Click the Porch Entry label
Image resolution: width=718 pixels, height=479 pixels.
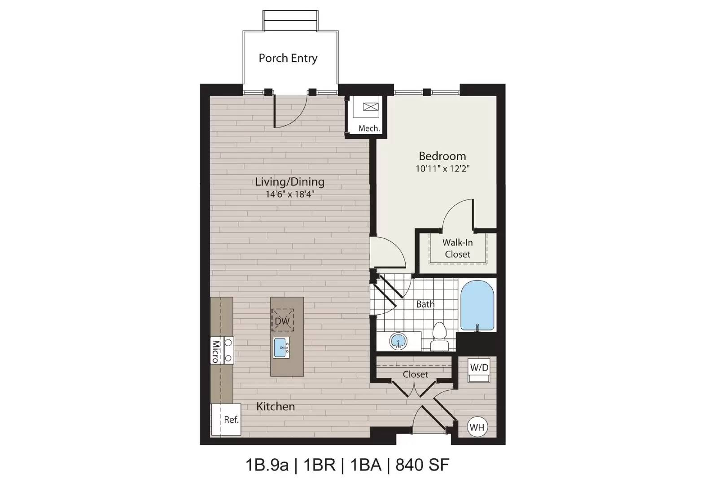click(x=288, y=58)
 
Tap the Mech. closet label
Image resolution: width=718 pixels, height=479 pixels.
click(x=369, y=128)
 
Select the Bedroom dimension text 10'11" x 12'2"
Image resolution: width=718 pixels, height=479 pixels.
click(x=442, y=168)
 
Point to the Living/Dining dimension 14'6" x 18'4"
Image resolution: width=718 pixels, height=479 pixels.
click(x=289, y=194)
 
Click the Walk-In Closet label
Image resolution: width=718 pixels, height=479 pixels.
click(x=457, y=248)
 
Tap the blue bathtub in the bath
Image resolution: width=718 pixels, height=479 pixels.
click(x=477, y=307)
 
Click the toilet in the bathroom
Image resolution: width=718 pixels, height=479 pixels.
click(x=439, y=337)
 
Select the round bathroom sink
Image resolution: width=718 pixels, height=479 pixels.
click(x=398, y=341)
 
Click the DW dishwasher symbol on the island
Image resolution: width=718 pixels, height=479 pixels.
click(x=282, y=320)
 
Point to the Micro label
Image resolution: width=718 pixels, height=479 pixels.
click(x=215, y=352)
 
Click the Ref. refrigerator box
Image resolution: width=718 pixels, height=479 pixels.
click(x=226, y=419)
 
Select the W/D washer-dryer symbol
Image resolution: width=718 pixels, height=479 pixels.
click(x=479, y=370)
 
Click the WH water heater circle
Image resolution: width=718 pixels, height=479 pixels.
click(x=477, y=427)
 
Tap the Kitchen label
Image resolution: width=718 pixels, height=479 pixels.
click(x=276, y=407)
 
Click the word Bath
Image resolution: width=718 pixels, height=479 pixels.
click(x=425, y=304)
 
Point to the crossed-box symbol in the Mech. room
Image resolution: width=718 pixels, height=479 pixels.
click(x=371, y=107)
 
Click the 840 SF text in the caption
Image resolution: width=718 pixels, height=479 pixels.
click(x=422, y=465)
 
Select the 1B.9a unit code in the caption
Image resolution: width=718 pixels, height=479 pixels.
click(x=267, y=465)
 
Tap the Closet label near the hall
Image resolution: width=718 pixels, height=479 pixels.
click(x=416, y=374)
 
